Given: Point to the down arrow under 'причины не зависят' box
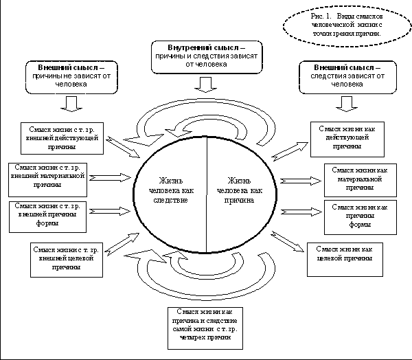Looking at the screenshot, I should [x=71, y=104].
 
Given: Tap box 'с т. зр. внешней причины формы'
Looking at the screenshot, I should [x=49, y=214].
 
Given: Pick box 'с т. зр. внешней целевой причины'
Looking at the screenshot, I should [x=67, y=258].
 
